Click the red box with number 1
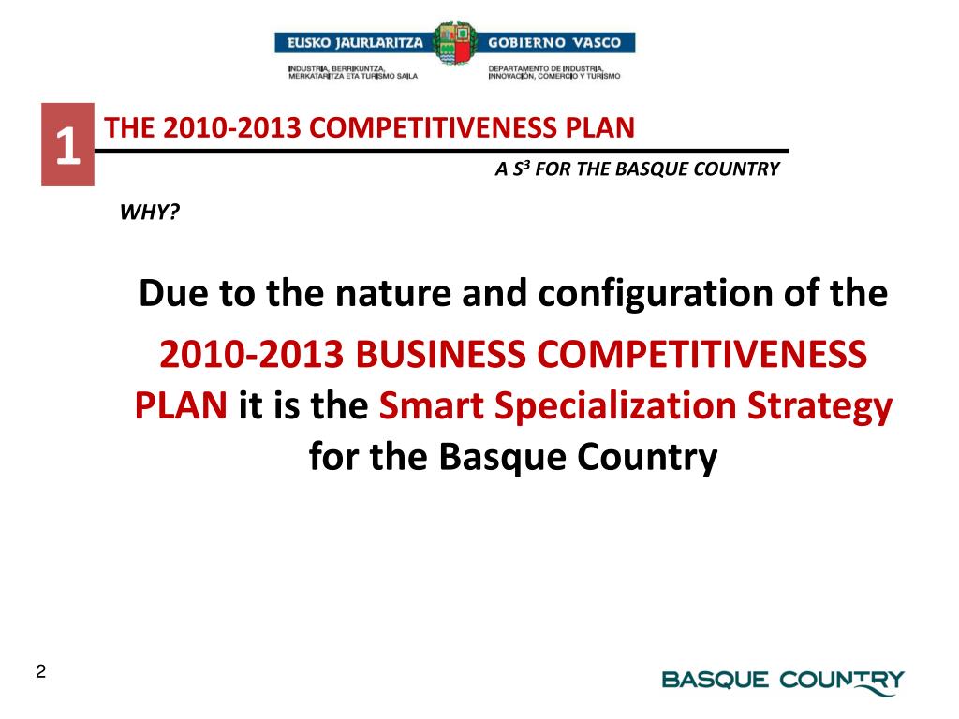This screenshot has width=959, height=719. click(67, 145)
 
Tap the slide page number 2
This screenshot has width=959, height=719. click(40, 671)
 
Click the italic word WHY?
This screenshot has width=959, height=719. click(150, 212)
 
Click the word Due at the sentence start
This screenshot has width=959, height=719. click(174, 296)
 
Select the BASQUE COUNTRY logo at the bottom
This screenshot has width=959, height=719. click(783, 681)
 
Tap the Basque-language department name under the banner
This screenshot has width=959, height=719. click(353, 72)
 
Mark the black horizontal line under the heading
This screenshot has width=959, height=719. click(440, 150)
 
